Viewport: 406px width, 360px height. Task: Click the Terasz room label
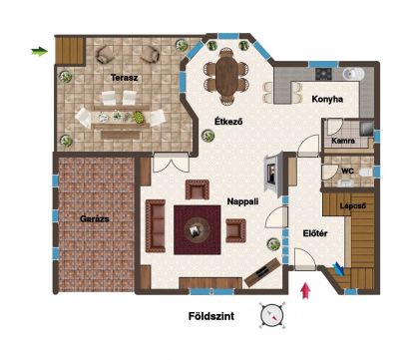click(x=124, y=78)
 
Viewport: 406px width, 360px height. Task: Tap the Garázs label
click(x=95, y=218)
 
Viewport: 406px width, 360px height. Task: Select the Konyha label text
click(x=327, y=99)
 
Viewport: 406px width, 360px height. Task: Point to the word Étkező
click(x=228, y=122)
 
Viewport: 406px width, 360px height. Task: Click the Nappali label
click(x=242, y=201)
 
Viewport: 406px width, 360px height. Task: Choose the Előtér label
click(x=315, y=233)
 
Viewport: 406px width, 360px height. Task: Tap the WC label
click(x=347, y=172)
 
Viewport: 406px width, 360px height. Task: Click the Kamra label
click(x=343, y=141)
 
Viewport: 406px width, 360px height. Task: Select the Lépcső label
click(x=353, y=205)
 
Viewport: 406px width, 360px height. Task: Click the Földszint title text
click(x=211, y=316)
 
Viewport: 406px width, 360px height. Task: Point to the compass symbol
click(x=272, y=314)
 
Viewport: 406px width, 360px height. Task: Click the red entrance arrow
click(x=305, y=290)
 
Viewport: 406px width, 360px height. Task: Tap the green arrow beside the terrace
click(x=40, y=52)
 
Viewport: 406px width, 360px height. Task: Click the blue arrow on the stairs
click(x=339, y=268)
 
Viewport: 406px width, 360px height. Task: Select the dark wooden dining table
click(x=226, y=76)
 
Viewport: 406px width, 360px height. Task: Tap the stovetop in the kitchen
click(x=323, y=74)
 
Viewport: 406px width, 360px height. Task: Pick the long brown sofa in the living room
click(x=156, y=225)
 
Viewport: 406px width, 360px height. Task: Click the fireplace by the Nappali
click(x=273, y=172)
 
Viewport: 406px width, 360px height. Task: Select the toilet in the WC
click(x=366, y=173)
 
